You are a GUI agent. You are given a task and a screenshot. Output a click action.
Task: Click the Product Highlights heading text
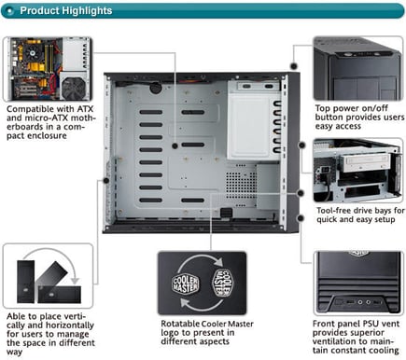[66, 10]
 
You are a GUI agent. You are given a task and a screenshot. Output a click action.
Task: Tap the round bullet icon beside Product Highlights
[10, 11]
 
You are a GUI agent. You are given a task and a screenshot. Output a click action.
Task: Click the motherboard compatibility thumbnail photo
[48, 69]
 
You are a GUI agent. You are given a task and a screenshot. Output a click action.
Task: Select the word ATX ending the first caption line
[85, 109]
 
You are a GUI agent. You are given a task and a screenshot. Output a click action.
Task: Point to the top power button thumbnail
[358, 68]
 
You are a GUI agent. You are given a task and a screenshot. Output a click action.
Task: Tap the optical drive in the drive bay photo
[365, 163]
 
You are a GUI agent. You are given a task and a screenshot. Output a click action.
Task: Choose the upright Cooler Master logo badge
[186, 284]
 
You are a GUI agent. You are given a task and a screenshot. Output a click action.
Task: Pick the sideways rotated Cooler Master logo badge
[222, 283]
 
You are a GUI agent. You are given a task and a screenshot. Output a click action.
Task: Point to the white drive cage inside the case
[255, 119]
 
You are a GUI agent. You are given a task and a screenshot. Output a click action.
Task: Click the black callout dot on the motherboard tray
[175, 145]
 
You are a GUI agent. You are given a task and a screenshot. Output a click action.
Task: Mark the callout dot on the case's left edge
[106, 180]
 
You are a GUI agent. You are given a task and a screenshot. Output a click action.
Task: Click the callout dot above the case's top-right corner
[294, 66]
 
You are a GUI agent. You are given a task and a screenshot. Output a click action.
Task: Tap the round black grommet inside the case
[156, 88]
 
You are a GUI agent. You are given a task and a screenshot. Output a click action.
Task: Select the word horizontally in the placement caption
[71, 325]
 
